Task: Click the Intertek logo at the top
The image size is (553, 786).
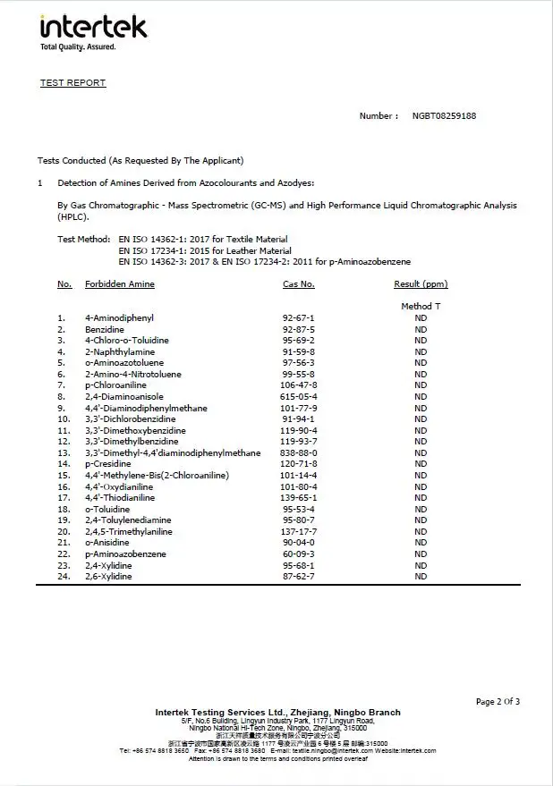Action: coord(93,26)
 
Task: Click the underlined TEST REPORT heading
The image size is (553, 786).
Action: coord(72,83)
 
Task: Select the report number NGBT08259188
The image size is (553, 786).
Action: coord(444,116)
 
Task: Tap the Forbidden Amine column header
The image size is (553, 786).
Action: coord(120,284)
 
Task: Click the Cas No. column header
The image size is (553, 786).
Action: coord(299,284)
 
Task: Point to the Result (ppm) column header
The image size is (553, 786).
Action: coord(421,284)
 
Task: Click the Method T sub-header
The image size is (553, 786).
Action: coord(421,307)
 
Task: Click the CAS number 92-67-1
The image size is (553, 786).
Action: coord(299,318)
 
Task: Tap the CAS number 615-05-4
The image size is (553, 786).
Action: coord(299,397)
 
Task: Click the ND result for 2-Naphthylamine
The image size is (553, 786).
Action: coord(421,352)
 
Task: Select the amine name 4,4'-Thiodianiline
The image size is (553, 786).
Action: coord(120,498)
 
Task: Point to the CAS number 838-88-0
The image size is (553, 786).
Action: coord(299,453)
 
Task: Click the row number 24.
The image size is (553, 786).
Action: coord(64,577)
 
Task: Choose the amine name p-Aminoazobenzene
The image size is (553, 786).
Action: coord(125,554)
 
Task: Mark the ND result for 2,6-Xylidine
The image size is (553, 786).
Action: coord(421,577)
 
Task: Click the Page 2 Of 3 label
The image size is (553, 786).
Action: coord(498,702)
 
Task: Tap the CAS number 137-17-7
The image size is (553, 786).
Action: coord(299,532)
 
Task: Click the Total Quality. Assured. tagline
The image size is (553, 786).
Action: coord(78,47)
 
